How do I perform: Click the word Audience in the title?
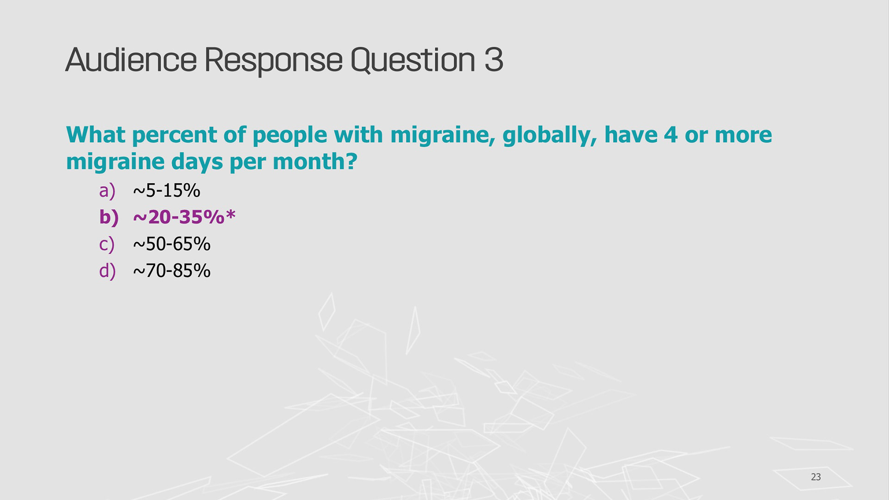pos(131,60)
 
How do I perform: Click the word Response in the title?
pos(273,62)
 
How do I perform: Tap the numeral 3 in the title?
pos(494,60)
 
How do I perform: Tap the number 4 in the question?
pos(671,135)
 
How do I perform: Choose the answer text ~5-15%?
pos(167,190)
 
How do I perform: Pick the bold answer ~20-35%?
pos(179,217)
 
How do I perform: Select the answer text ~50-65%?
pos(172,244)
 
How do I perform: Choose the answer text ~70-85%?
pos(172,270)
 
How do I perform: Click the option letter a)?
pos(107,191)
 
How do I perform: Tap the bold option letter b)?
pos(109,217)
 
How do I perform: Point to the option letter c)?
pos(107,244)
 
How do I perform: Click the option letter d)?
pos(107,271)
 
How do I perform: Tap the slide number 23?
pos(816,477)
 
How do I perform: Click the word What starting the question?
pos(96,135)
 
